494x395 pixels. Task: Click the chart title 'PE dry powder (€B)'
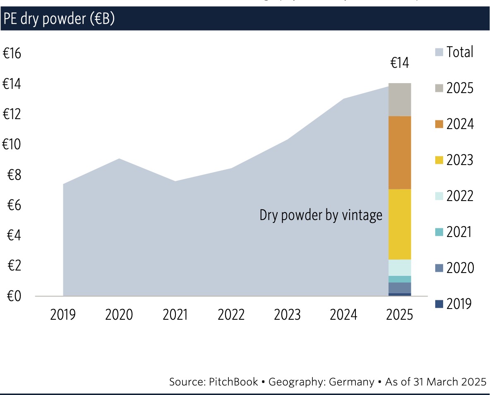coord(59,19)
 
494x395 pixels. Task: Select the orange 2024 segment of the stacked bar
coord(399,152)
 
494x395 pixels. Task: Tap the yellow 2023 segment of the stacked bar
coord(399,224)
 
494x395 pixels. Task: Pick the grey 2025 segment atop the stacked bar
coord(399,100)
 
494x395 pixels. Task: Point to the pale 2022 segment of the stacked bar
coord(399,268)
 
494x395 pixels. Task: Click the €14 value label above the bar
coord(400,63)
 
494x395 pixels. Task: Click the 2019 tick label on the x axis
coord(63,315)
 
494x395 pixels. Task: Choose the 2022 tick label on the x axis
coord(231,315)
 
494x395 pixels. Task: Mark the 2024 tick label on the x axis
coord(343,315)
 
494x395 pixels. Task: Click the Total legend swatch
coord(439,53)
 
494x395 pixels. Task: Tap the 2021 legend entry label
coord(460,232)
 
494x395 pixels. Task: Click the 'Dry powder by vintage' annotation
coord(321,215)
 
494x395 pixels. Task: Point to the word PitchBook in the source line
coord(234,382)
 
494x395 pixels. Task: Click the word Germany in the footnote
coord(351,382)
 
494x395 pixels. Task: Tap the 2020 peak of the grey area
coord(119,159)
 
